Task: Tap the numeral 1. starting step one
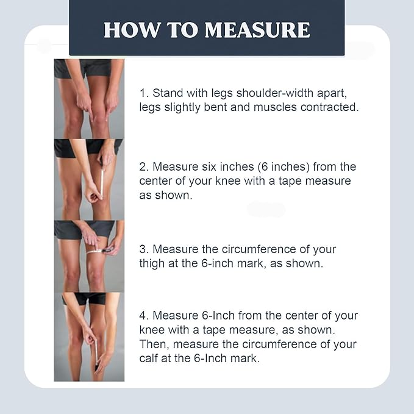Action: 144,94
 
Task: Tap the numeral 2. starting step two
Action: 144,166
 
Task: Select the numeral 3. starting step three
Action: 144,249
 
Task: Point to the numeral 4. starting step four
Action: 144,316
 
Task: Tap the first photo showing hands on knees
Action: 89,98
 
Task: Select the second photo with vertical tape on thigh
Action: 89,179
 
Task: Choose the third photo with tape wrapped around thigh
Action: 89,256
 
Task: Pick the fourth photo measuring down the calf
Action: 89,337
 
